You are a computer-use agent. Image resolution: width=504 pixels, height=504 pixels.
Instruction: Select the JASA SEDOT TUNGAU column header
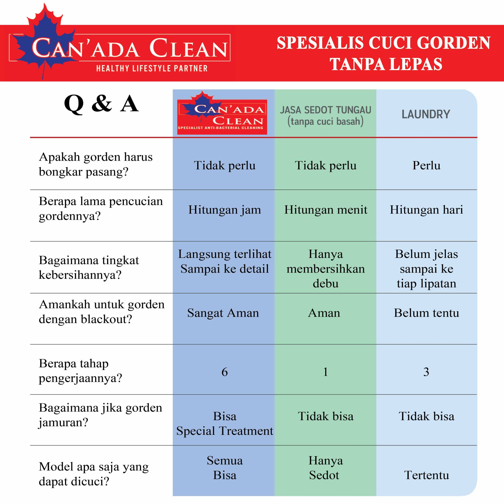(x=325, y=116)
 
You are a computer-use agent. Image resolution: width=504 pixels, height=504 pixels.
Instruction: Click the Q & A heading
(x=101, y=104)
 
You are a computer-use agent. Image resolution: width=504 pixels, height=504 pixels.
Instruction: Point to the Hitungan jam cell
(x=225, y=210)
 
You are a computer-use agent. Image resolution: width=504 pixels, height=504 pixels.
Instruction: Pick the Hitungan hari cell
(x=426, y=210)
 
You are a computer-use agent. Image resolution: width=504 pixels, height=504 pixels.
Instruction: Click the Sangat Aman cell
(x=223, y=313)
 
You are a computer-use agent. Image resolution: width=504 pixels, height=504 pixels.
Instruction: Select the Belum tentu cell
(x=426, y=313)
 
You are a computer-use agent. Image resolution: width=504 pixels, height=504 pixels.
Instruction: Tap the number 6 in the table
(x=225, y=372)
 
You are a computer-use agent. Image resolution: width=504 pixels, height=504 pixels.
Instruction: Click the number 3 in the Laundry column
(x=426, y=372)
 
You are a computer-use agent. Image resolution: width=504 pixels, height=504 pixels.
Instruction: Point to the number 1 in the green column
(x=325, y=372)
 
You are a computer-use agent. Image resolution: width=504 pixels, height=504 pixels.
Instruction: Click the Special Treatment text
(x=225, y=431)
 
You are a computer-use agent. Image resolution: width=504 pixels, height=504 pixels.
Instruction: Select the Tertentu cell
(x=426, y=475)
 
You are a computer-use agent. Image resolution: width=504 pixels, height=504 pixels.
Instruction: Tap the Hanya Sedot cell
(x=325, y=468)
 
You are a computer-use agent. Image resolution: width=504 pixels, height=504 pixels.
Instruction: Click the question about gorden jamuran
(x=100, y=415)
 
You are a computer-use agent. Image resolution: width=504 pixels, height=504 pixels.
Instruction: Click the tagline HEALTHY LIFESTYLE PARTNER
(x=152, y=68)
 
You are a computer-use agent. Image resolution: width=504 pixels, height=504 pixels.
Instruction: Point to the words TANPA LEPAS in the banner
(x=386, y=64)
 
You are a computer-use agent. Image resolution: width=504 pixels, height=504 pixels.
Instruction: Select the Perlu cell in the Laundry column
(x=426, y=165)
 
